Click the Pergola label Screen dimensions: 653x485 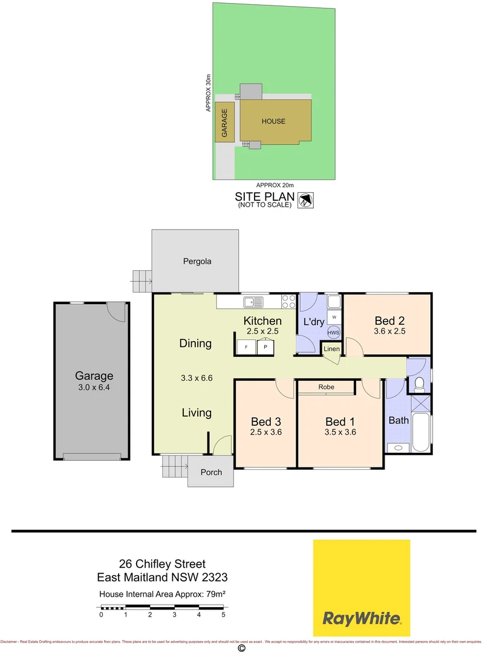coord(197,262)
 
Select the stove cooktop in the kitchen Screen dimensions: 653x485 coord(288,301)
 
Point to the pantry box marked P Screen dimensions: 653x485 coord(265,347)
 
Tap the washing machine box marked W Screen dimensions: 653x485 coord(333,316)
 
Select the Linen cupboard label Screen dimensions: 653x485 coord(331,349)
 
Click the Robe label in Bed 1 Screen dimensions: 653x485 coord(327,386)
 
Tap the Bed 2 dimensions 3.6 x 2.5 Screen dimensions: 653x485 coord(389,332)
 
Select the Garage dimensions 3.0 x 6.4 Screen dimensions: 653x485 coord(94,388)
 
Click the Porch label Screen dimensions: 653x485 coord(210,472)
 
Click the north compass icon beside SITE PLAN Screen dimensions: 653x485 coord(307,200)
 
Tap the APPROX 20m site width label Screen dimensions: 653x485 coord(274,185)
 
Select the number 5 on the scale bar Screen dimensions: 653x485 coord(223,614)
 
